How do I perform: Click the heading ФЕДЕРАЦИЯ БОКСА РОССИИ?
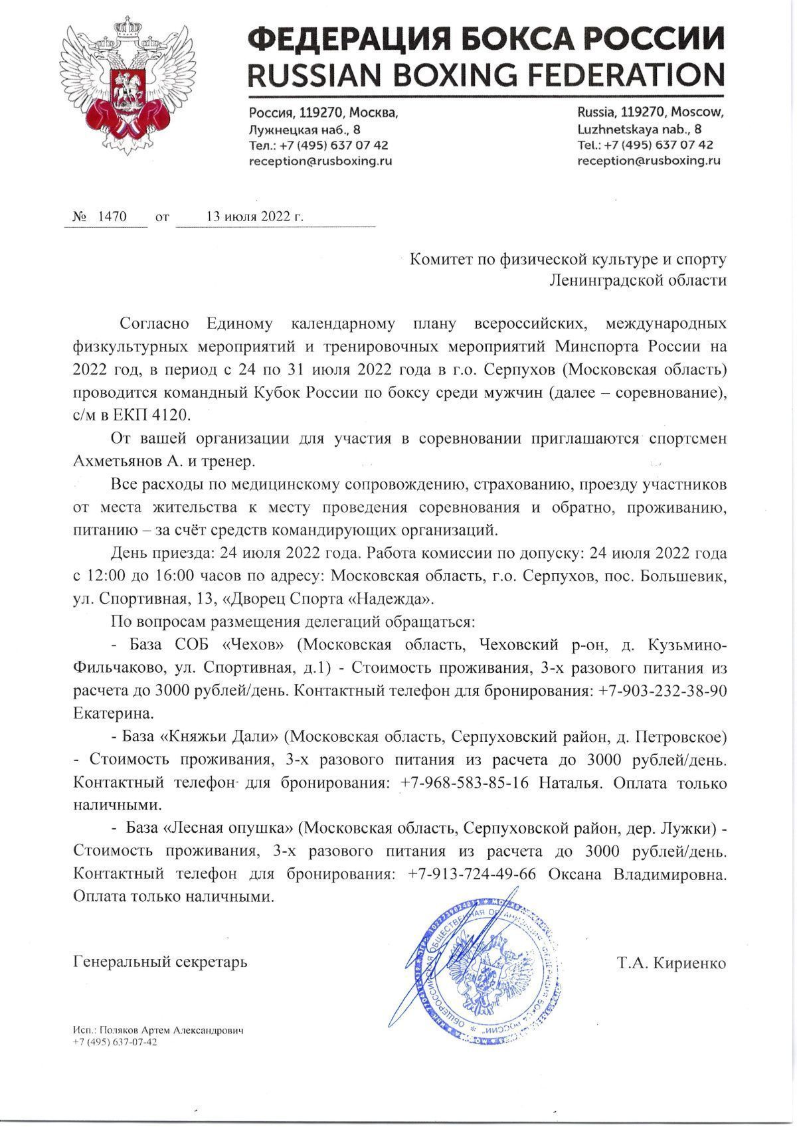pos(485,39)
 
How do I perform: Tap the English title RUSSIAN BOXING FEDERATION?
pos(485,74)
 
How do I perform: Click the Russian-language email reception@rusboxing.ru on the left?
pos(320,160)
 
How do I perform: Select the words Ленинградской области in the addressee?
pos(638,280)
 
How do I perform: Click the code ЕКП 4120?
pos(158,415)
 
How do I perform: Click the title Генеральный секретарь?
pos(159,962)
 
